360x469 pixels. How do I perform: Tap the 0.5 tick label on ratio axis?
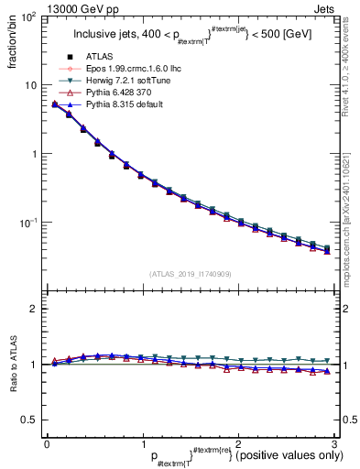click(30, 420)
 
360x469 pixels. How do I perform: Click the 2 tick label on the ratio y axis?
click(35, 309)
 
